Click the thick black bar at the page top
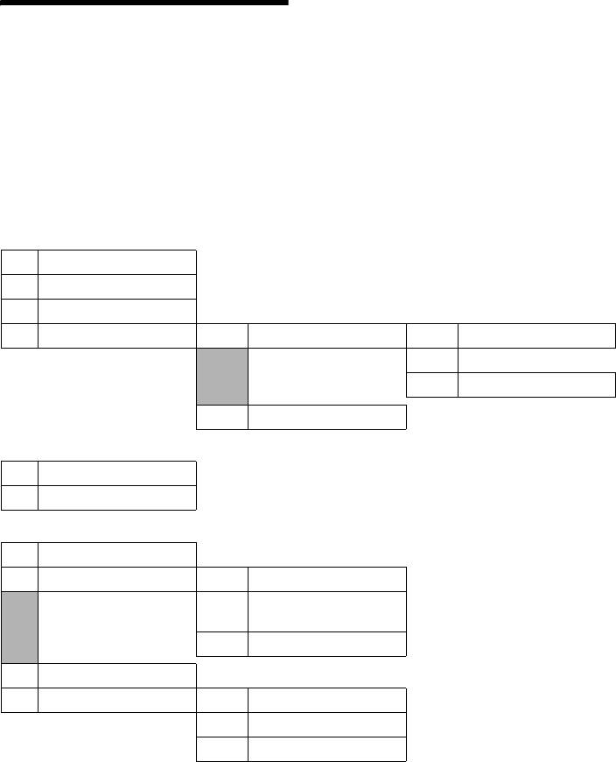(x=144, y=3)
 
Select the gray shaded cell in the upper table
(x=223, y=377)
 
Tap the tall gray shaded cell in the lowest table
(x=19, y=626)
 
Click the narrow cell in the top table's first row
(x=19, y=262)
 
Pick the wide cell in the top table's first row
(x=116, y=262)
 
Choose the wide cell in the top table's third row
(x=116, y=311)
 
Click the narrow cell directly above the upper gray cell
(x=223, y=335)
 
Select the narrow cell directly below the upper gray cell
(x=223, y=417)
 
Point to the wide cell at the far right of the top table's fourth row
(x=536, y=335)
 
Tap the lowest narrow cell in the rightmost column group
(x=432, y=385)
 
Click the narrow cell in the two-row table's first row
(x=19, y=472)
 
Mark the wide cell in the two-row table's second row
(x=116, y=497)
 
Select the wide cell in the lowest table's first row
(x=116, y=554)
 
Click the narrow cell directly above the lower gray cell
(x=19, y=579)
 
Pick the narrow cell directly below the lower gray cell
(x=19, y=675)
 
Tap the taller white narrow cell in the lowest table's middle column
(x=223, y=611)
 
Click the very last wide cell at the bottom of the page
(x=327, y=749)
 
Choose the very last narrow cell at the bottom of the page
(x=223, y=749)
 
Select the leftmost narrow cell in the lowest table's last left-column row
(x=19, y=700)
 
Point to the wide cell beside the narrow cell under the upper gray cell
(x=327, y=417)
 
